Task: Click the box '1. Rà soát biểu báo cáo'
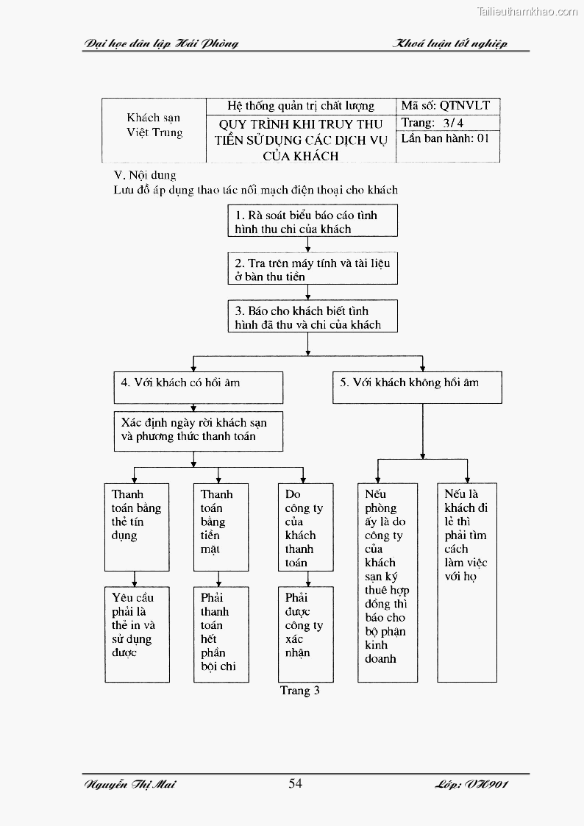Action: (x=313, y=221)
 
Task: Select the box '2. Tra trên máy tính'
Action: (x=313, y=269)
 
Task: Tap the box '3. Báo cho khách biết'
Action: (x=313, y=317)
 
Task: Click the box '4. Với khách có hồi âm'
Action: (x=198, y=387)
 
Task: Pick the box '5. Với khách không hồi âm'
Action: (x=417, y=387)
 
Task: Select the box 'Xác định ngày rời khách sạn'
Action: (x=198, y=430)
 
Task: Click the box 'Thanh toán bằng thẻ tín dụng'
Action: (x=136, y=527)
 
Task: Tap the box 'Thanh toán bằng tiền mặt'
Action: (x=221, y=527)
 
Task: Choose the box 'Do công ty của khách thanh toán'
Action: (x=305, y=527)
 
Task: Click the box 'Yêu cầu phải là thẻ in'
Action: (x=136, y=633)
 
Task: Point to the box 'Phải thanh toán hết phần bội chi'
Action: (x=221, y=633)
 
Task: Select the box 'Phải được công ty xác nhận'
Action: (x=305, y=633)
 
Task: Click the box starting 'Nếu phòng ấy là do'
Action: (x=388, y=583)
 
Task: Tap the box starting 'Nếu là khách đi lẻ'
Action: (x=467, y=583)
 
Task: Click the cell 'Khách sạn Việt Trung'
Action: (x=153, y=125)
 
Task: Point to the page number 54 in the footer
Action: (x=295, y=783)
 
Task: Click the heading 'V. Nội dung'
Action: (x=145, y=175)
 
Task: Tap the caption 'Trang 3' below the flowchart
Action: (x=299, y=691)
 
